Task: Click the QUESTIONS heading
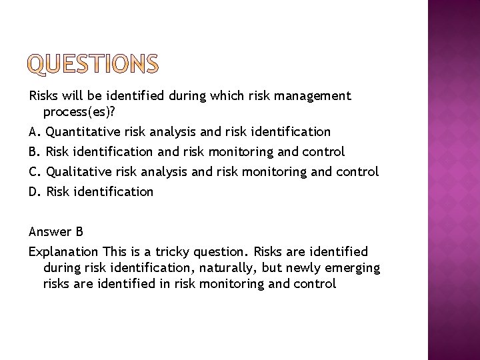pyautogui.click(x=94, y=65)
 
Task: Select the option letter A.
pyautogui.click(x=34, y=131)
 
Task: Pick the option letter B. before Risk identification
pyautogui.click(x=34, y=151)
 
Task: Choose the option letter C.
pyautogui.click(x=34, y=171)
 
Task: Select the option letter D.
pyautogui.click(x=34, y=192)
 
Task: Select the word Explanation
pyautogui.click(x=63, y=252)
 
